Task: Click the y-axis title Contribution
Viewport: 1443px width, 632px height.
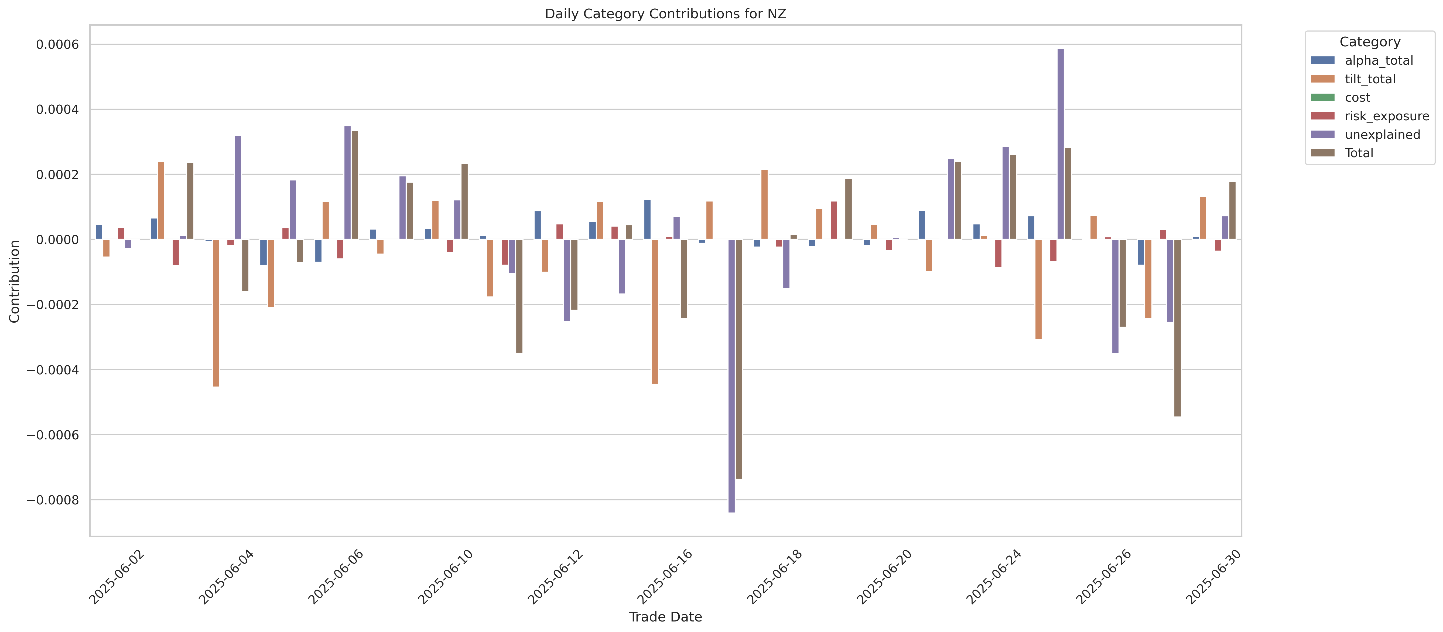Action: [15, 281]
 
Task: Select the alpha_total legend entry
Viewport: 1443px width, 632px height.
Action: [1379, 60]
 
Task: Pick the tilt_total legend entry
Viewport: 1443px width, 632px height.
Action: [1370, 79]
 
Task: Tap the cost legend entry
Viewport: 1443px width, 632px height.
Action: [1357, 97]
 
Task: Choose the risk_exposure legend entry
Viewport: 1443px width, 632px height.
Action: [1386, 116]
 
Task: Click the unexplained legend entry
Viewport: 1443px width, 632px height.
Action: [1382, 135]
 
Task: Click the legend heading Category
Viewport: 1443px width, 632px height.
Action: [1370, 42]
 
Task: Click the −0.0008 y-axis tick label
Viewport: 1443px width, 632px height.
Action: [54, 500]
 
